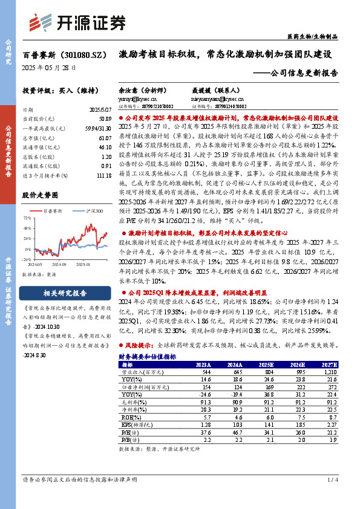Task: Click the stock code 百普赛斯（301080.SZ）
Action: coord(65,54)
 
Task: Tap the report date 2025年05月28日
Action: coord(49,67)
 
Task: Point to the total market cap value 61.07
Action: coord(104,138)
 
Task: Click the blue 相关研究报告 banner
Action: coord(59,294)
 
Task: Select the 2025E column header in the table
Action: coord(265,365)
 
